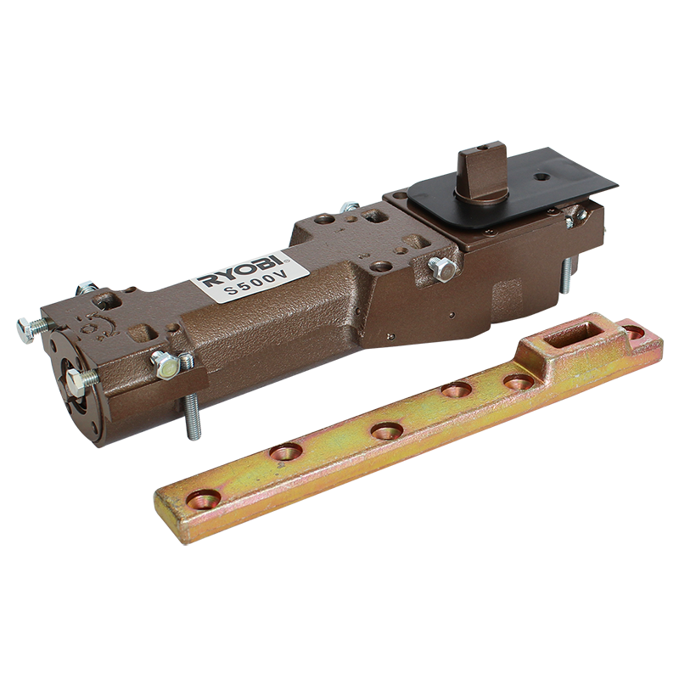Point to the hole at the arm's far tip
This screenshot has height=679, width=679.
point(634,333)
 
